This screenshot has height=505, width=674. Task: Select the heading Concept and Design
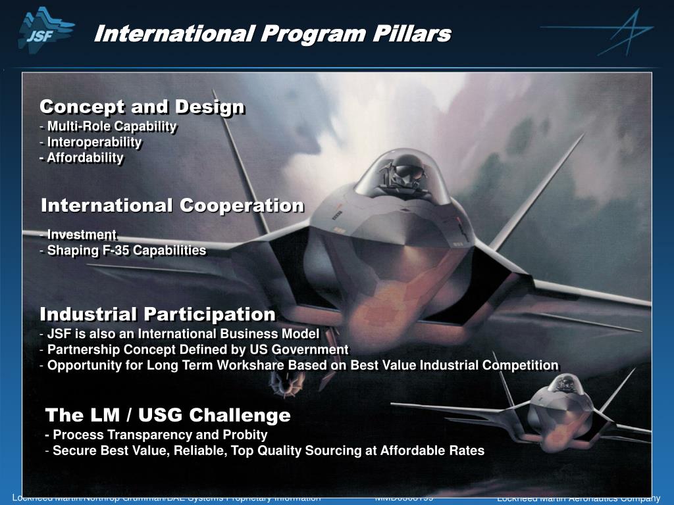tap(142, 107)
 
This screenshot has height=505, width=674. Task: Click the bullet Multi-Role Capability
tap(111, 126)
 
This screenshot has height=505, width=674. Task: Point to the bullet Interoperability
tap(94, 142)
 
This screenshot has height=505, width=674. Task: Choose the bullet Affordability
tap(85, 158)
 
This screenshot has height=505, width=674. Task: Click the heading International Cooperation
tap(172, 206)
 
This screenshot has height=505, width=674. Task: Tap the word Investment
tap(82, 235)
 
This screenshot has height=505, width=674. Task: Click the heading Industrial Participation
tap(157, 314)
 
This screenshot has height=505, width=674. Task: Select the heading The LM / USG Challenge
tap(168, 416)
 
